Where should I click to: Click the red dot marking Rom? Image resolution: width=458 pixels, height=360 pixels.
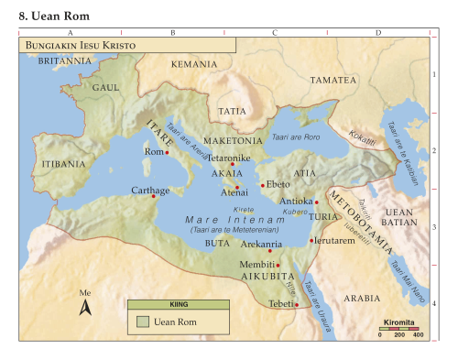coord(167,153)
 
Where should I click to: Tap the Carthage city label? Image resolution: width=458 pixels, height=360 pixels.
coord(150,190)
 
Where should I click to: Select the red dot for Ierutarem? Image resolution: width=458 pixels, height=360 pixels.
coord(311,241)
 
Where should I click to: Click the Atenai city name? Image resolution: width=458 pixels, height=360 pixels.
coord(234,194)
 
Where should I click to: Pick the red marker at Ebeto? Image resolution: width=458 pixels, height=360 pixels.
coord(263,185)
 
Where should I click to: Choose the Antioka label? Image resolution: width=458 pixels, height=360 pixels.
coord(296,201)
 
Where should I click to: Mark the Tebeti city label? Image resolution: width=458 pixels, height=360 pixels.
coord(280,303)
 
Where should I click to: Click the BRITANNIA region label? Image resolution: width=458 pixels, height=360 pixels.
coord(65,60)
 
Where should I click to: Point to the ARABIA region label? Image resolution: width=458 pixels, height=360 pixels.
coord(360,298)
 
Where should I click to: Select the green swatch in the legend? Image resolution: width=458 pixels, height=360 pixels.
coord(142,322)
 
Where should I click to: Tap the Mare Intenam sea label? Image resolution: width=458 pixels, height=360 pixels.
coord(217,220)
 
